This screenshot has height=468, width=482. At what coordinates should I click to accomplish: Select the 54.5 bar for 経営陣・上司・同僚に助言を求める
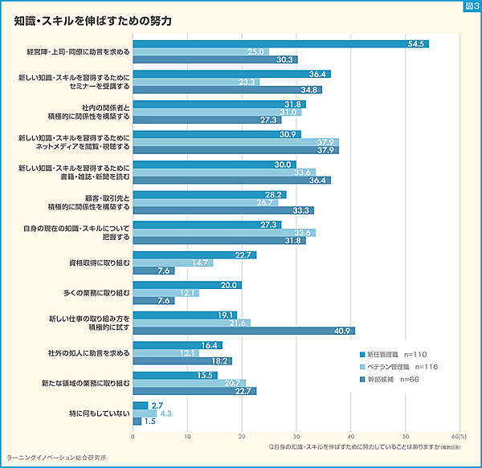point(280,43)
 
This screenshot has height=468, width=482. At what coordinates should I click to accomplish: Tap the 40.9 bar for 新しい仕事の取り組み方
point(243,331)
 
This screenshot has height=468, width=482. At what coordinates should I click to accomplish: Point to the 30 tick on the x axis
point(296,437)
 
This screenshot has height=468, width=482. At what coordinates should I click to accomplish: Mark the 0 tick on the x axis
point(133,437)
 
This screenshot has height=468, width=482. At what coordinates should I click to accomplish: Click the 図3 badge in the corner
point(472,6)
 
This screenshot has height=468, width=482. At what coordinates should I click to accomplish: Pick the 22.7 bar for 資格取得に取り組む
point(194,254)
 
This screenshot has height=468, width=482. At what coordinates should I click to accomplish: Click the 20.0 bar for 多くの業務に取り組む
point(186,285)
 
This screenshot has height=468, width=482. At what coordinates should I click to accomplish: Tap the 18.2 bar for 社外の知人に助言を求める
point(182,360)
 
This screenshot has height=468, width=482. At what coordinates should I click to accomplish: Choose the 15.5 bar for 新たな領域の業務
point(174,375)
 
